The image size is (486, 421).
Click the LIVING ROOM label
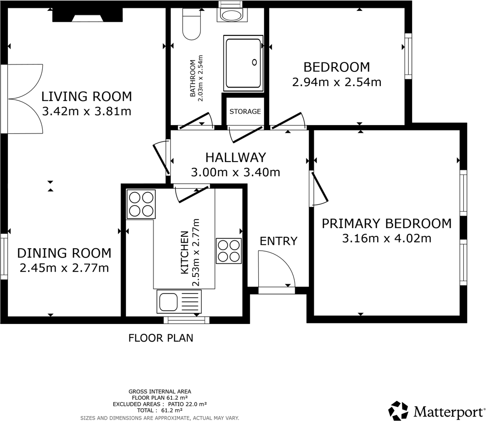coord(87,96)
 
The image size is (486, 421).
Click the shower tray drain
coord(255,62)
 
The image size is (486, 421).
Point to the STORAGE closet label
coord(245,112)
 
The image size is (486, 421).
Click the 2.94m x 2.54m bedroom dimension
coord(336,82)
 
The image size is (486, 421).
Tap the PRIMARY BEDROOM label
coord(386,224)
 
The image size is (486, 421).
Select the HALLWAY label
coord(235,158)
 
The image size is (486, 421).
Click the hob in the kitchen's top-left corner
coord(141,204)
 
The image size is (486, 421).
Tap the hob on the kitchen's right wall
coord(229,251)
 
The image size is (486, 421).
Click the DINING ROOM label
coord(64,253)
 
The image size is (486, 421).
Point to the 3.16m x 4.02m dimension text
coord(386,239)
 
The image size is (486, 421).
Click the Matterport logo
coord(436,410)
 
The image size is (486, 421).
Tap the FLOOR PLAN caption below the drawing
coord(160,338)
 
